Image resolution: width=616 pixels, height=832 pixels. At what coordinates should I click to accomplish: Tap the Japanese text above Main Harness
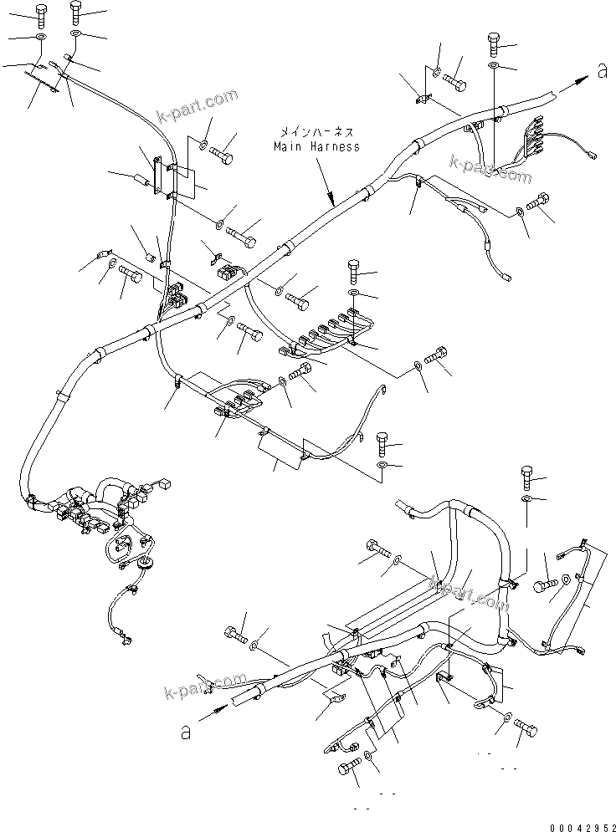click(x=316, y=132)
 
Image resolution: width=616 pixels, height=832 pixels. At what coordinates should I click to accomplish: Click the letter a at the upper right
click(x=601, y=72)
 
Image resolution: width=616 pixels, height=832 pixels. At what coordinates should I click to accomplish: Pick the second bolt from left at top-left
click(x=75, y=12)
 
